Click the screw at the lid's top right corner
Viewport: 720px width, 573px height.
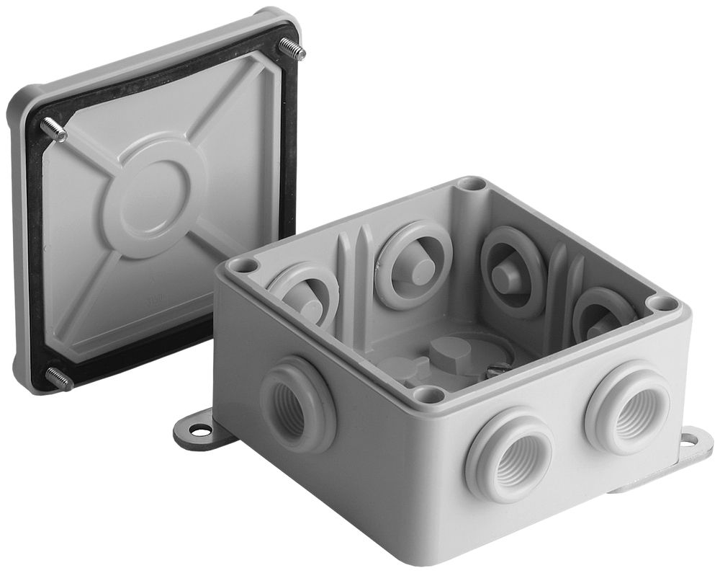click(x=292, y=49)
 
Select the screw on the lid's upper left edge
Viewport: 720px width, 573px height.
click(x=54, y=130)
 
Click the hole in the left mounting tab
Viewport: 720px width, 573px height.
click(x=201, y=431)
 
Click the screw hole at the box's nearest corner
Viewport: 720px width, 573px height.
click(x=429, y=394)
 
